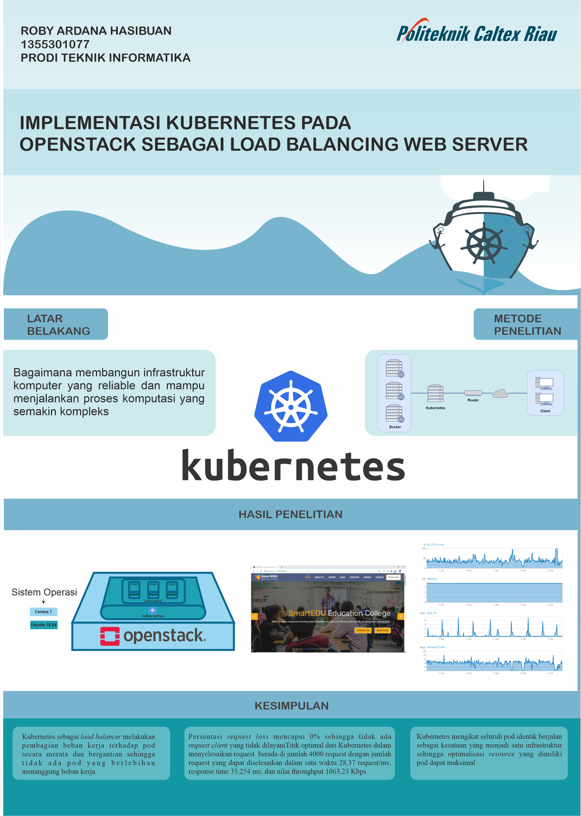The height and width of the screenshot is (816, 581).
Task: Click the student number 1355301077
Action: [55, 44]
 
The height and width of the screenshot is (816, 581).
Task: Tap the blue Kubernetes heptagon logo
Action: [291, 406]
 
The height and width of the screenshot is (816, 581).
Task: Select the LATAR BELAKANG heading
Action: [56, 324]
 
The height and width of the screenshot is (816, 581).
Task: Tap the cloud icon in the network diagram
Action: [500, 393]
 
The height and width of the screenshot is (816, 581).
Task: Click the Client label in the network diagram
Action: [545, 411]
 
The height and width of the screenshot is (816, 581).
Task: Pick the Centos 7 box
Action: [43, 612]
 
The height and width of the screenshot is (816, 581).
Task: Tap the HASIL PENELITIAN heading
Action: [291, 514]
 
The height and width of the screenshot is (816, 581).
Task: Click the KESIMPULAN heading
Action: [291, 705]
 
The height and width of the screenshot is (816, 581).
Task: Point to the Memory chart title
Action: [432, 579]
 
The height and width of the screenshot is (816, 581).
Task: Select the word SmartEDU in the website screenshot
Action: [307, 613]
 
